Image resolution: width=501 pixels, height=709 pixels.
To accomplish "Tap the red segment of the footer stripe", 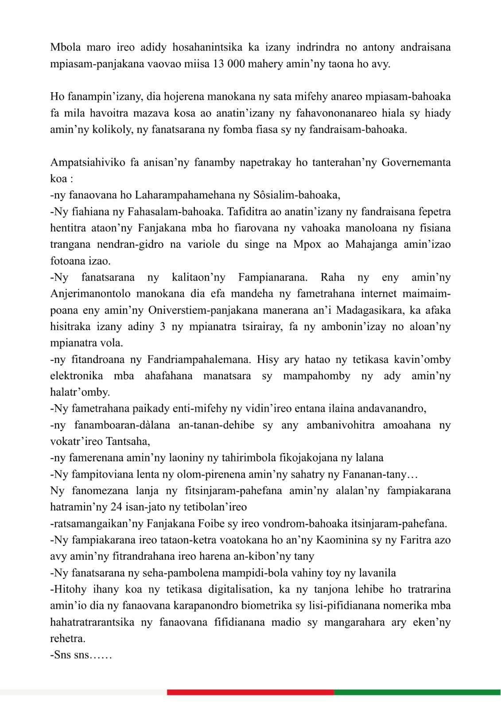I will coord(250,692).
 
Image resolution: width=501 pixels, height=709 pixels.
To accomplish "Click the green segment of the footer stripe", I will coord(417,692).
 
